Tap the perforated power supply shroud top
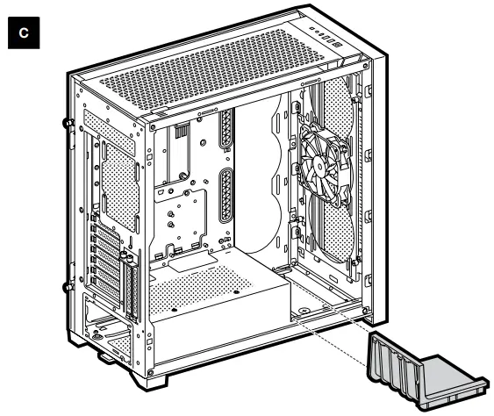pos(202,290)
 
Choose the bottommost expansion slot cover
pos(107,283)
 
